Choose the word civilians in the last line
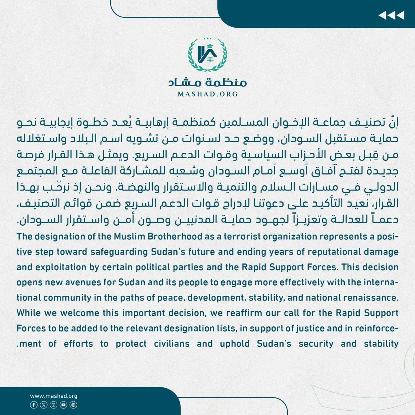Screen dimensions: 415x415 (171, 344)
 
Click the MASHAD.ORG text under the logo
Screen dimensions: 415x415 (208, 94)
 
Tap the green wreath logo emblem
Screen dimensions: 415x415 (207, 55)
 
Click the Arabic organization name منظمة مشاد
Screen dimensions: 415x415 (207, 82)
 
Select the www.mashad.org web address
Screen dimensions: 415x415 (54, 396)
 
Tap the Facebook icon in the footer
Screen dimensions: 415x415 (34, 405)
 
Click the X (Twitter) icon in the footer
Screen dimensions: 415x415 (44, 405)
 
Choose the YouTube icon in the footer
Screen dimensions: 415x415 (63, 405)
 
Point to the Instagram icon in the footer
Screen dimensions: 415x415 (54, 405)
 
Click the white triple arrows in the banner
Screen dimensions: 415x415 (391, 15)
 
